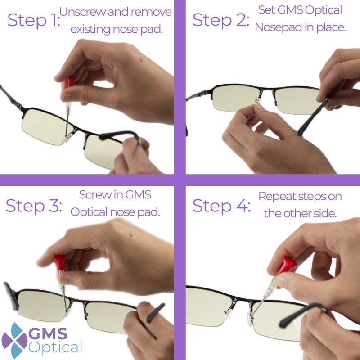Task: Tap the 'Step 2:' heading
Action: click(221, 20)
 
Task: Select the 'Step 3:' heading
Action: click(34, 206)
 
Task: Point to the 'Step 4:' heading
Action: click(221, 206)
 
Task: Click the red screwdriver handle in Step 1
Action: click(70, 82)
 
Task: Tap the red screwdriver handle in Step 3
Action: click(60, 262)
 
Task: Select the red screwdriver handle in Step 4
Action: click(287, 265)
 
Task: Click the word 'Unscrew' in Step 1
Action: click(83, 12)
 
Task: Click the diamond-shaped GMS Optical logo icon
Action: click(14, 340)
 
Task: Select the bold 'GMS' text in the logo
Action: click(48, 333)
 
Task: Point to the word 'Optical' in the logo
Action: click(55, 347)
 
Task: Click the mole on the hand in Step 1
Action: click(141, 60)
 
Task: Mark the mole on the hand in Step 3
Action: click(131, 234)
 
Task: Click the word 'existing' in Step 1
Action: click(90, 30)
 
